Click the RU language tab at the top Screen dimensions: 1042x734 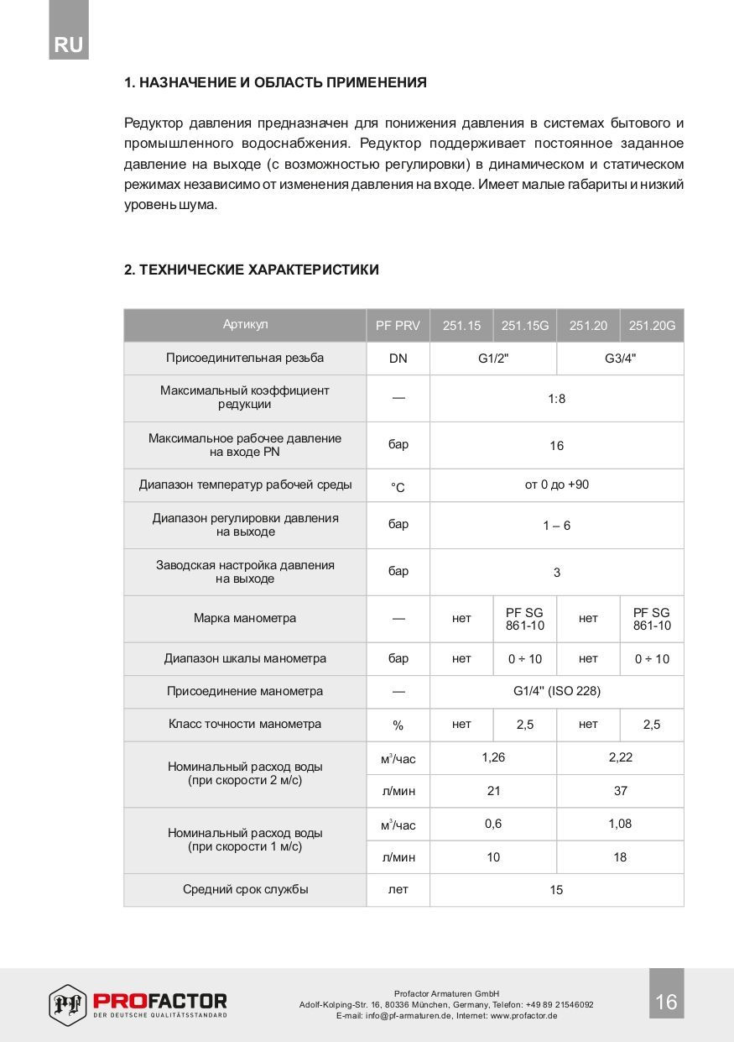[69, 45]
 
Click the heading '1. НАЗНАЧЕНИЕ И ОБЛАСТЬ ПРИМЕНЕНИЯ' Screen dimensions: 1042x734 [275, 82]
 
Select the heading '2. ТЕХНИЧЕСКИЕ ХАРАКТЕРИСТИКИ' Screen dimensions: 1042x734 [251, 270]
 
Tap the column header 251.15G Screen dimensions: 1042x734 [525, 326]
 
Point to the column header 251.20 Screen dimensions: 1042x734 [588, 326]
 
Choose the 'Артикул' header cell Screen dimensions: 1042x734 [245, 325]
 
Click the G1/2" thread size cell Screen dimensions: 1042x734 [493, 359]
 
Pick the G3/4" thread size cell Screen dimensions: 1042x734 [620, 359]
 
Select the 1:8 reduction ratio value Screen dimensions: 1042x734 [556, 398]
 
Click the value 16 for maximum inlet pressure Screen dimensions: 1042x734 [556, 446]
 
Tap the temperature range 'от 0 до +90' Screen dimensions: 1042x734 [556, 484]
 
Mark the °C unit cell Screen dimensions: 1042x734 [398, 487]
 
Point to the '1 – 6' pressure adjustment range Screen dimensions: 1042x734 [556, 526]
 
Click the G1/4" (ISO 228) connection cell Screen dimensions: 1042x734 [556, 691]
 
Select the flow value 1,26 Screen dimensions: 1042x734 [493, 757]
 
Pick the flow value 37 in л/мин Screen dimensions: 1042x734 [620, 790]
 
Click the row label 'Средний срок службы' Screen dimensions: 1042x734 [245, 889]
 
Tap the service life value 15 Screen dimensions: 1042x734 [556, 890]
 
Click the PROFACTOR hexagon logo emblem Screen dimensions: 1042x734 [68, 1003]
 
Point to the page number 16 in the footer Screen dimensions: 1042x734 [666, 1002]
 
